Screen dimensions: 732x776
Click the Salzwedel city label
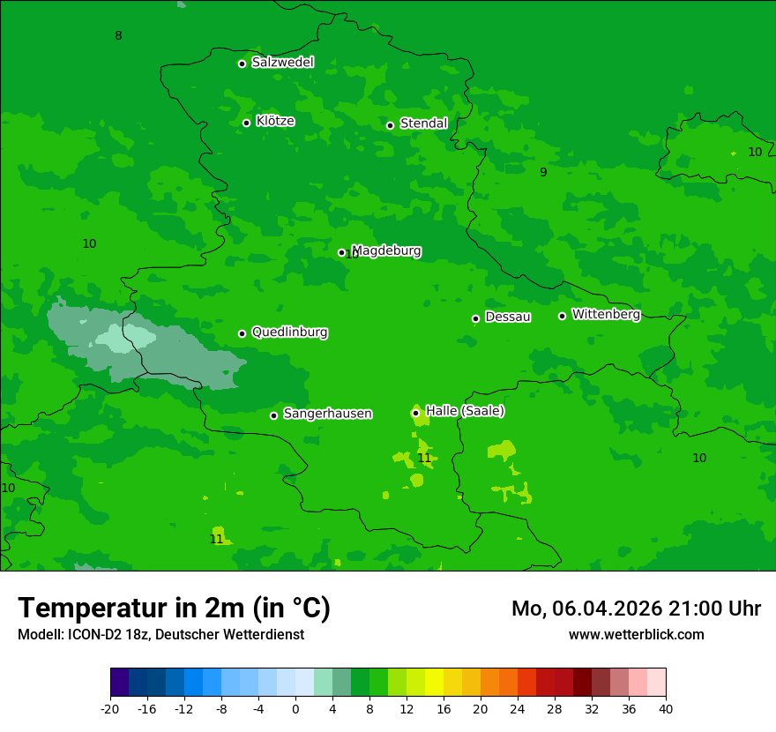(282, 63)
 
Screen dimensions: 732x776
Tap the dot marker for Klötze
(247, 123)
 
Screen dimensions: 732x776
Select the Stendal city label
(423, 123)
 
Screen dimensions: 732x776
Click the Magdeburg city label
(385, 250)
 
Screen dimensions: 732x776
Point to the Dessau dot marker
(475, 318)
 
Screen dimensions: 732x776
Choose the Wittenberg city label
(605, 314)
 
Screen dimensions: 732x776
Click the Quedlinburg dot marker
(242, 333)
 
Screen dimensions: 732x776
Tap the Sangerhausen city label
(327, 414)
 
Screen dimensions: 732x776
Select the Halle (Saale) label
(465, 411)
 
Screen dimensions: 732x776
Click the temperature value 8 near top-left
(118, 35)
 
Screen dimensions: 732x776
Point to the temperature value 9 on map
(543, 172)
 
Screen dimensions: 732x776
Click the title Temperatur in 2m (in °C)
(174, 608)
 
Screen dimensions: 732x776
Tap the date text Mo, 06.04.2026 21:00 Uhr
(636, 609)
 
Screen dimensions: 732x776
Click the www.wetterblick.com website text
(636, 634)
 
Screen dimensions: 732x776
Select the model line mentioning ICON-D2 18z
(160, 634)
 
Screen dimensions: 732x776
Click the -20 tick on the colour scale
(110, 708)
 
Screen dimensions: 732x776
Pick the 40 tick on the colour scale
(666, 708)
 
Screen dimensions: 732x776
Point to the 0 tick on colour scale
(295, 708)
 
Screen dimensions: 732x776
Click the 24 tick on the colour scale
(518, 708)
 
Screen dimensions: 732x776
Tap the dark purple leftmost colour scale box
(119, 683)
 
